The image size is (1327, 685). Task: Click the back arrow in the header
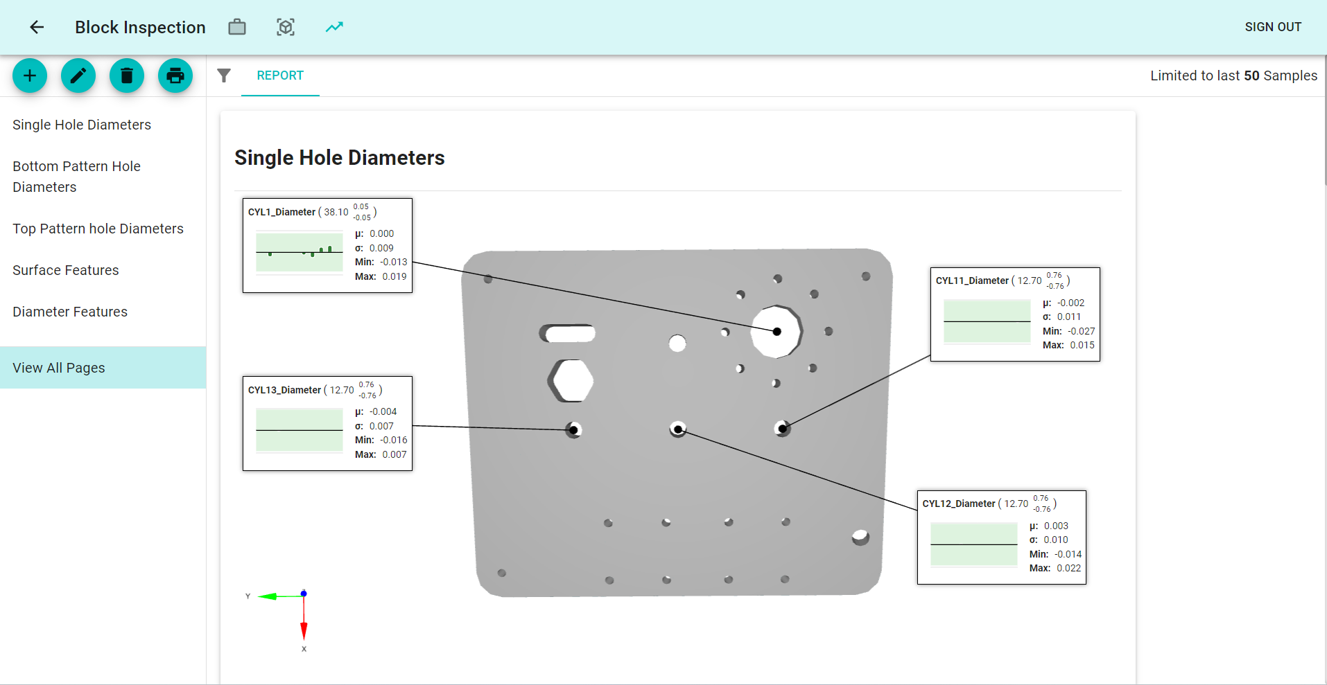37,27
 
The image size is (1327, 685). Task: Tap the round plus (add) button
30,75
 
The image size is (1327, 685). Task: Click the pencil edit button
78,75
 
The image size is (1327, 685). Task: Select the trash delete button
127,75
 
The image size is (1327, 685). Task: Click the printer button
175,75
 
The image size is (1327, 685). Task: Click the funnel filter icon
224,75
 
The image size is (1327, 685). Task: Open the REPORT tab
280,75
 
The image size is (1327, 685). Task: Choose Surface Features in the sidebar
66,270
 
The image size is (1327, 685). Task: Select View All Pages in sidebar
59,368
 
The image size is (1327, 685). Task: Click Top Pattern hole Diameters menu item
98,229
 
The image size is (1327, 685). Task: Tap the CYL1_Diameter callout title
281,212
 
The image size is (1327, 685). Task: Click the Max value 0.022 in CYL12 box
1068,568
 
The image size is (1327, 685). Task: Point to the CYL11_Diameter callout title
972,281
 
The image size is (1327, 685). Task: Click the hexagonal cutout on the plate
571,380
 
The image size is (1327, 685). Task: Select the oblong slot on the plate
569,334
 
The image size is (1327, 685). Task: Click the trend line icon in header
334,27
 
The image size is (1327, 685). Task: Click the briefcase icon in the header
237,27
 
